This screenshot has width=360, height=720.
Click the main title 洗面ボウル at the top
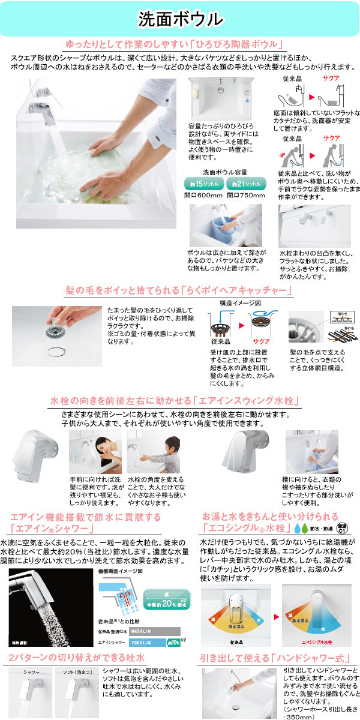tap(180, 19)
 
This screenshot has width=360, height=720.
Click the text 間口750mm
tap(245, 195)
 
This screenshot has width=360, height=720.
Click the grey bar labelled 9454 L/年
tap(157, 631)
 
